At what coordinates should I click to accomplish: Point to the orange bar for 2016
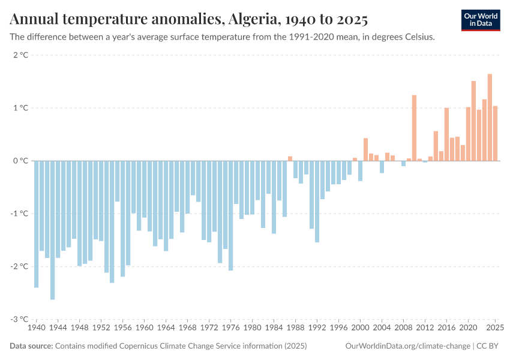pyautogui.click(x=446, y=134)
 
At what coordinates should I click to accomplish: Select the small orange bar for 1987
pyautogui.click(x=290, y=158)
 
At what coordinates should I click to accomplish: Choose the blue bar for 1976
pyautogui.click(x=231, y=215)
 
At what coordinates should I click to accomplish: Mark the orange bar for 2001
pyautogui.click(x=365, y=149)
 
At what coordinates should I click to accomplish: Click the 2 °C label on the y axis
pyautogui.click(x=20, y=55)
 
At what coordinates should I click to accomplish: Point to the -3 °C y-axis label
pyautogui.click(x=19, y=319)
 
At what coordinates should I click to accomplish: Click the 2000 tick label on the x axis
pyautogui.click(x=360, y=328)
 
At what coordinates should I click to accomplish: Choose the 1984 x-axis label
pyautogui.click(x=274, y=328)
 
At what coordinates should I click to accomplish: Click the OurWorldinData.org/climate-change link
pyautogui.click(x=407, y=346)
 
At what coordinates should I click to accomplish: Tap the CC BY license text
pyautogui.click(x=489, y=346)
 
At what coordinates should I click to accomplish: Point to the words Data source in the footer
pyautogui.click(x=31, y=346)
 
